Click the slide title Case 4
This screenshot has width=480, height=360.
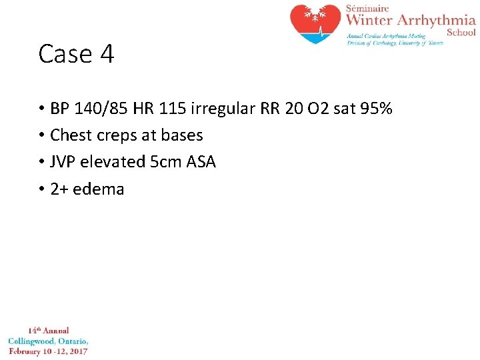tap(76, 54)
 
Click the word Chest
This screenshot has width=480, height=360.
tap(70, 135)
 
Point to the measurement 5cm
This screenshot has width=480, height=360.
tap(166, 162)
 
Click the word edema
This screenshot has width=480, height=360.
tap(99, 189)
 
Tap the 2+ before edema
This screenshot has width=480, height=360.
tap(59, 189)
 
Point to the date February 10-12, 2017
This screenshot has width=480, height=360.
tap(48, 351)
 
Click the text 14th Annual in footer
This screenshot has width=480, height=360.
tap(48, 331)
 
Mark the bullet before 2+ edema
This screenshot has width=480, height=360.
tap(41, 189)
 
